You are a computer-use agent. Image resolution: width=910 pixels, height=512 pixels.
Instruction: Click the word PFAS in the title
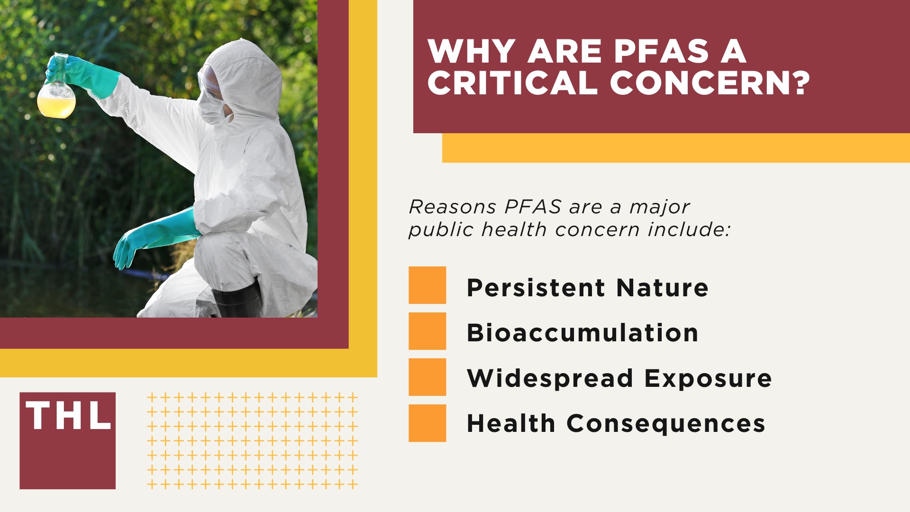click(x=662, y=51)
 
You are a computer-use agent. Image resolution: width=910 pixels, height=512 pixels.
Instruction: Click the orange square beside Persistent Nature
click(x=427, y=285)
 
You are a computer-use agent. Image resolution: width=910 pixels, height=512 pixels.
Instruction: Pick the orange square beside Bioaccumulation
click(x=427, y=331)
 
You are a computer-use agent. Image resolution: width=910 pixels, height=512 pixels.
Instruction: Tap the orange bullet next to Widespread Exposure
click(x=427, y=377)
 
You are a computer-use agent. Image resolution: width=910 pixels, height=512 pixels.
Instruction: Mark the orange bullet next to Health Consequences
click(x=427, y=423)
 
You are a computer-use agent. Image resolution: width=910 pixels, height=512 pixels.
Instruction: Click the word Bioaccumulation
click(x=582, y=332)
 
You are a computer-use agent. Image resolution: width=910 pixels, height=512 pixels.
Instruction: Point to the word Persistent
click(x=536, y=287)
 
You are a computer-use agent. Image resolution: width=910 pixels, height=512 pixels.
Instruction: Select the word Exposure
click(x=708, y=378)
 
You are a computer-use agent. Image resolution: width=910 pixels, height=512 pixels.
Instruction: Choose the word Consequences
click(x=666, y=423)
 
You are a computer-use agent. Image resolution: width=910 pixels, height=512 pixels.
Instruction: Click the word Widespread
click(x=550, y=378)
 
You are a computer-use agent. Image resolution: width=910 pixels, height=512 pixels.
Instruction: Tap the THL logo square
click(x=67, y=440)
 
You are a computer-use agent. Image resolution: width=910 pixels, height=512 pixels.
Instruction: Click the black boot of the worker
click(x=237, y=299)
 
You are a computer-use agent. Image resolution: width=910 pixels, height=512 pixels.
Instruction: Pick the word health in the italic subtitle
click(x=514, y=230)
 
